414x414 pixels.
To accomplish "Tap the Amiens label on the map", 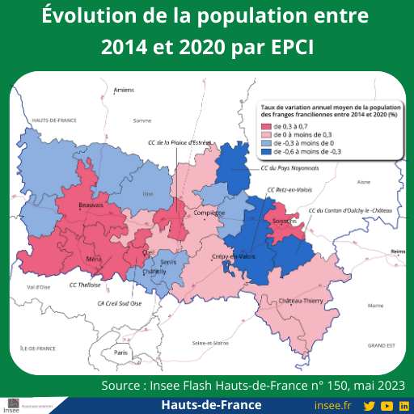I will click(x=124, y=90).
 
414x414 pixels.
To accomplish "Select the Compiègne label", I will click(x=209, y=213).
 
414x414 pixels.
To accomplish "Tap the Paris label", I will click(x=121, y=353).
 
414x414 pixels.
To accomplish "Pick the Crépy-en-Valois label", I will click(x=233, y=256).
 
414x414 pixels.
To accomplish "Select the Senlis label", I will click(x=168, y=263).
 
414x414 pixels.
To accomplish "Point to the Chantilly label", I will click(x=154, y=272).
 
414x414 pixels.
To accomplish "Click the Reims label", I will click(x=396, y=251).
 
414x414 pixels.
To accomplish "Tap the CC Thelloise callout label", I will click(x=84, y=285).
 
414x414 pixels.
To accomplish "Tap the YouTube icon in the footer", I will click(x=387, y=405).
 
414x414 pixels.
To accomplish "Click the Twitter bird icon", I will click(x=369, y=405).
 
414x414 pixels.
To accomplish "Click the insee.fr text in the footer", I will click(x=332, y=405).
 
